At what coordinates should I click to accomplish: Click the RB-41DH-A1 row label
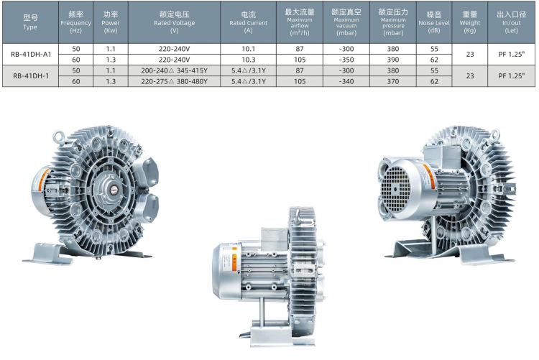click(x=31, y=54)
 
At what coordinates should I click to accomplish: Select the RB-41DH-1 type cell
click(x=31, y=75)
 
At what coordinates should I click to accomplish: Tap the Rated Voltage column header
click(x=175, y=22)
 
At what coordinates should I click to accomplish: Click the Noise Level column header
click(x=434, y=22)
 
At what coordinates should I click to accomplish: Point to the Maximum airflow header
click(x=300, y=22)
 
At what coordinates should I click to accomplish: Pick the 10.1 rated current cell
click(x=248, y=49)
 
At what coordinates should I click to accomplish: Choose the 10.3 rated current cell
click(x=248, y=60)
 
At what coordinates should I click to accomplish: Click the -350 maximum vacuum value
click(x=346, y=60)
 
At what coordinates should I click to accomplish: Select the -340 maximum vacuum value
click(x=346, y=81)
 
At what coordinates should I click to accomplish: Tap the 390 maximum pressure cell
click(x=393, y=60)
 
